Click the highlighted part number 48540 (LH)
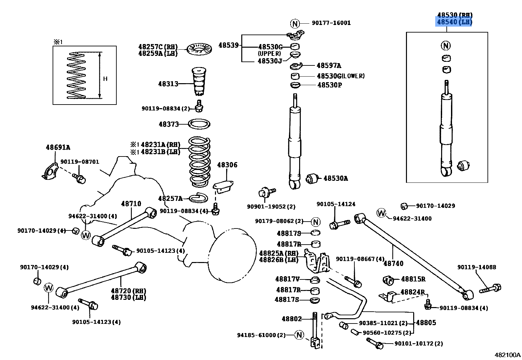coord(454,22)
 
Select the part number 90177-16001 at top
coord(331,23)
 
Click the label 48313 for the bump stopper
coord(168,84)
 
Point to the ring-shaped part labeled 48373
coord(199,124)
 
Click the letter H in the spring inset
coord(105,79)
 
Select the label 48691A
coord(58,148)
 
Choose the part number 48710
coord(131,204)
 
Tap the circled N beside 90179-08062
coord(316,222)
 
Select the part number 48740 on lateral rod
coord(393,263)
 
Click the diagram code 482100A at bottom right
coord(508,355)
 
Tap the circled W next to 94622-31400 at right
coord(381,213)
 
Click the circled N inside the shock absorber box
coord(446,45)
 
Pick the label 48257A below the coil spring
coord(170,199)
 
